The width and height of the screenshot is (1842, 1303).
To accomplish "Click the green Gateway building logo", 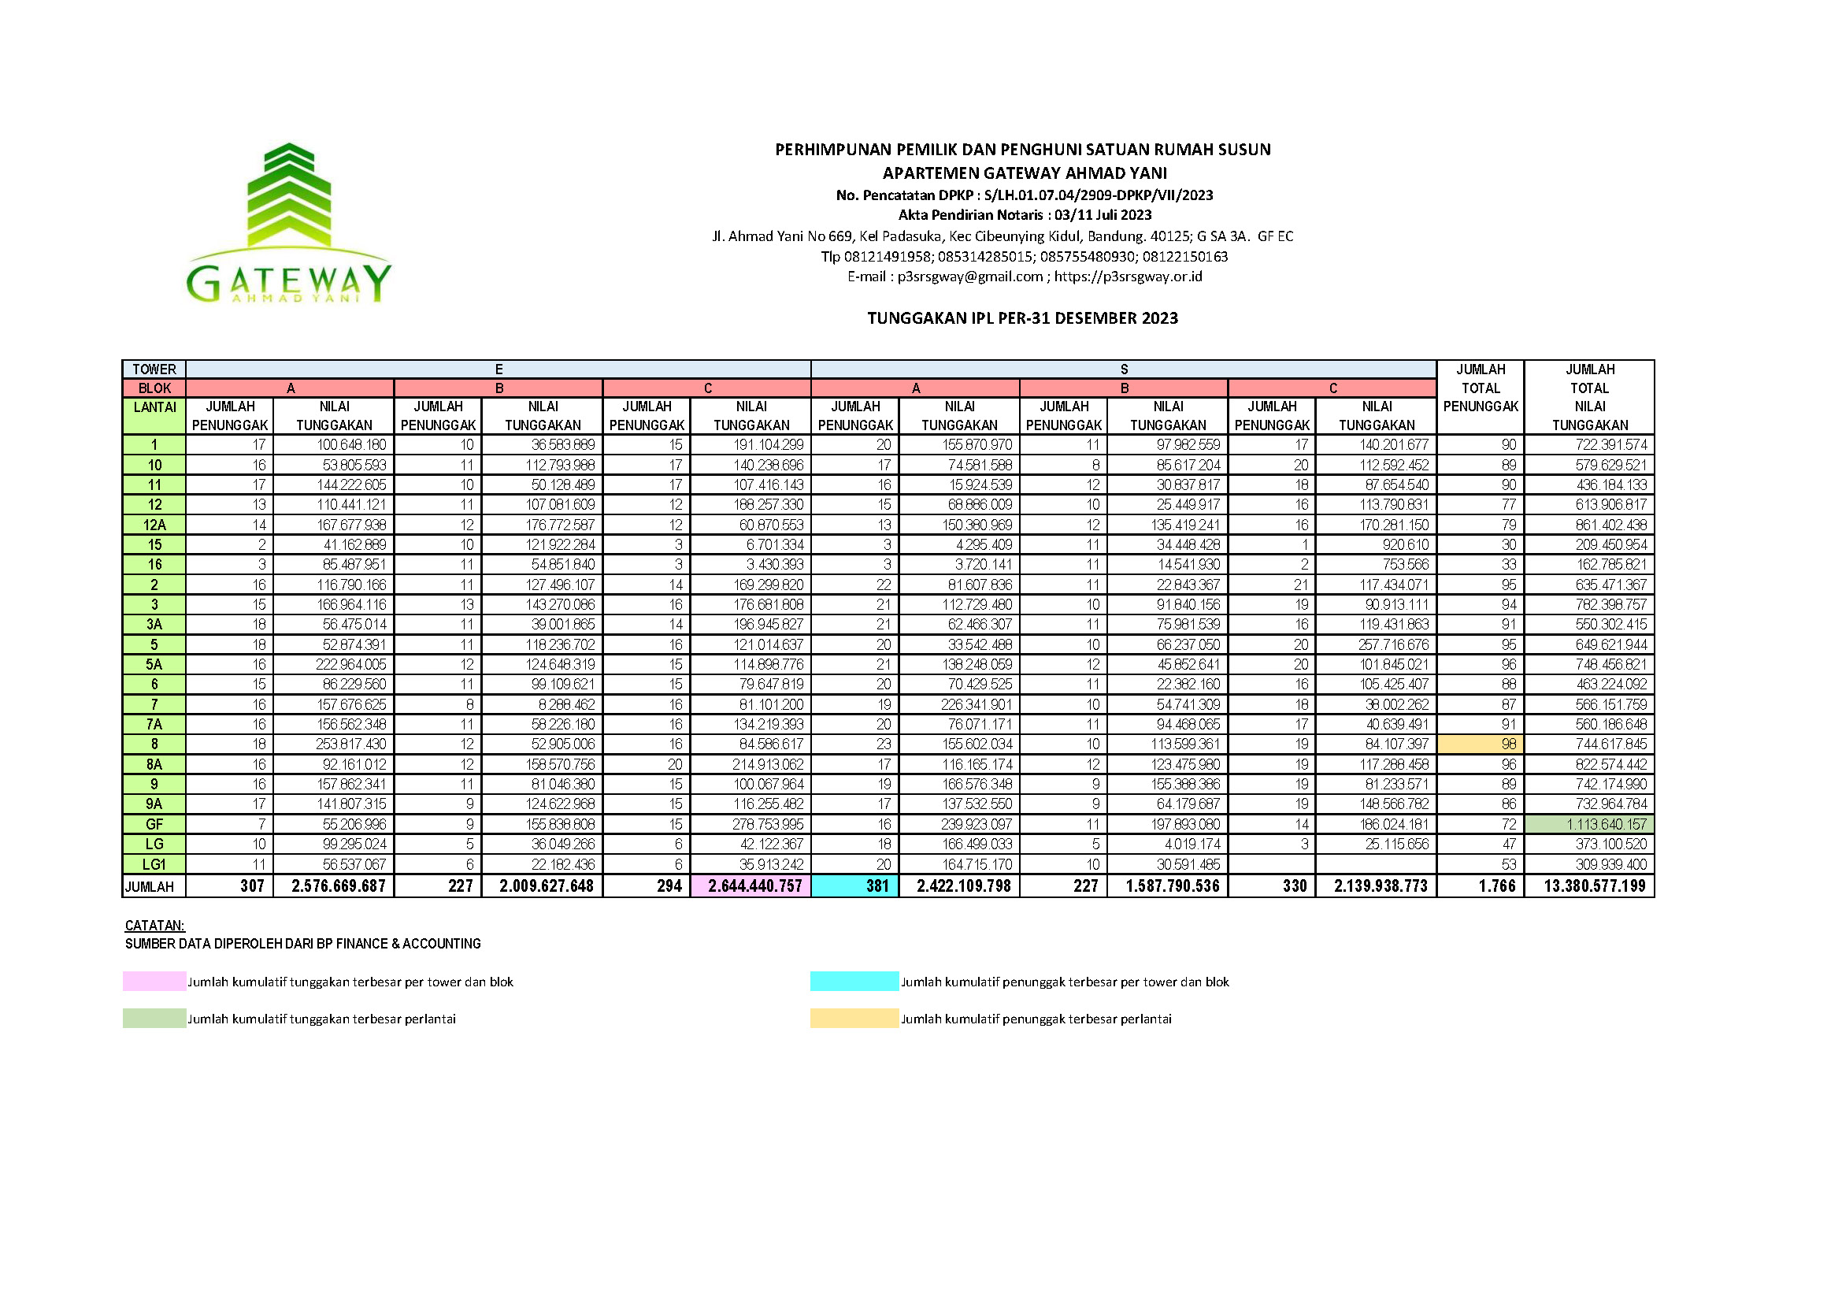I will [289, 223].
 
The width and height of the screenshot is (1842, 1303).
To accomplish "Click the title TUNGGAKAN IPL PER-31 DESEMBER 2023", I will [1022, 318].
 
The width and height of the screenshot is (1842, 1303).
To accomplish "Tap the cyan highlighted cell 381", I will [855, 885].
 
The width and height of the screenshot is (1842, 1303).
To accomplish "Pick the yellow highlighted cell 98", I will [1481, 744].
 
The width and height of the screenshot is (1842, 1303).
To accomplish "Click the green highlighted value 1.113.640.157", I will [1589, 824].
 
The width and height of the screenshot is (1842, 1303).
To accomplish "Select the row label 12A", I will [154, 525].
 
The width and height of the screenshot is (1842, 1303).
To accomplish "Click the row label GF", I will [154, 824].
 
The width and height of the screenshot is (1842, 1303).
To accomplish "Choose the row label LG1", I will [154, 864].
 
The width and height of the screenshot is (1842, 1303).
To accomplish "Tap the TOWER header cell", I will [154, 369].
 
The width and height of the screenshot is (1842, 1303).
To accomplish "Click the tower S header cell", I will [1123, 369].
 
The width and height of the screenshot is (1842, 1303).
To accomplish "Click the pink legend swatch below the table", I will [154, 982].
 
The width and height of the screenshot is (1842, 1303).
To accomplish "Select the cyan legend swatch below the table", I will [854, 982].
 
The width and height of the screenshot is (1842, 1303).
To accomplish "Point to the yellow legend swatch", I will [854, 1018].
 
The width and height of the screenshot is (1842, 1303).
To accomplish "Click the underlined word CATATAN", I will [155, 925].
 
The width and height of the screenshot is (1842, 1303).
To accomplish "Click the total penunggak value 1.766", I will [1496, 885].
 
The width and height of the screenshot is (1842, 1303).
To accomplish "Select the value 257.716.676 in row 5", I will [1394, 644].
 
